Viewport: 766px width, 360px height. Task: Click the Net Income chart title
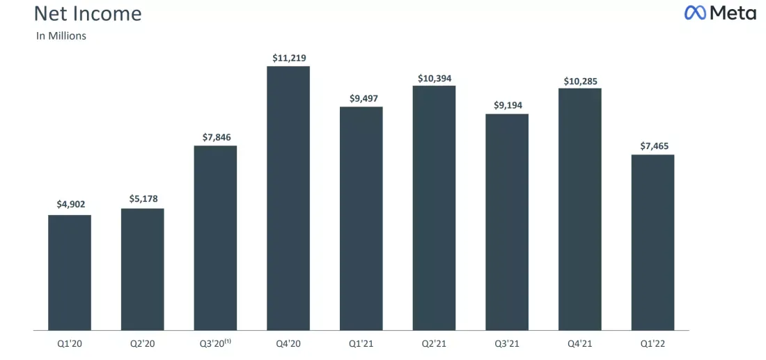[88, 14]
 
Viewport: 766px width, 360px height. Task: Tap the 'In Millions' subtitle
[61, 36]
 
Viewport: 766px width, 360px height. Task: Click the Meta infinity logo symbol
[696, 13]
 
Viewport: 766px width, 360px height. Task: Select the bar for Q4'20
[288, 198]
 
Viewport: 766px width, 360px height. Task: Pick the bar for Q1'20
[70, 272]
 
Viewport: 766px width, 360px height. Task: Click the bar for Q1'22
[652, 243]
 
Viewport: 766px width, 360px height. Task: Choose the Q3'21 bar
[507, 222]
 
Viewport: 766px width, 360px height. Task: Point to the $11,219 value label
[289, 58]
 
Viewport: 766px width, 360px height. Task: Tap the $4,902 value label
[70, 205]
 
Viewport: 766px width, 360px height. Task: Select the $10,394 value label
[435, 78]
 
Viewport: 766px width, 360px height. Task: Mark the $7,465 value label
[654, 146]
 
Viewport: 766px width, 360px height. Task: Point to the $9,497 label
[362, 99]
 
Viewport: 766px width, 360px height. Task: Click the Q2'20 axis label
[143, 344]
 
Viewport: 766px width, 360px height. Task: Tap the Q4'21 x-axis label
[580, 344]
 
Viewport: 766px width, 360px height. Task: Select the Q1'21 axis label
[361, 344]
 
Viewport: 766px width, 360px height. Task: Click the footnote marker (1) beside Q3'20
[228, 342]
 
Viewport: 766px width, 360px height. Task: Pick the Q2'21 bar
[434, 208]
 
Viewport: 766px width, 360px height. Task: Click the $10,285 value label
[580, 81]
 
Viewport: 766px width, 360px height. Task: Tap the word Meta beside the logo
[733, 13]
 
